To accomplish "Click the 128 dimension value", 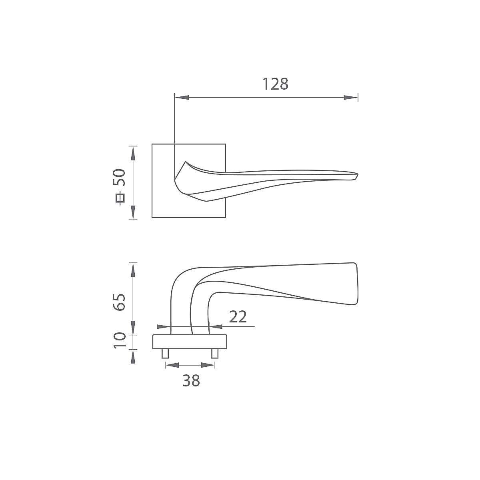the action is (275, 84).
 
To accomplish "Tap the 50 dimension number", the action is (119, 177).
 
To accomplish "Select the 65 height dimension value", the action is (119, 302).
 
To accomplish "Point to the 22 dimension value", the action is (238, 316).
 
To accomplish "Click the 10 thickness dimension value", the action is (120, 340).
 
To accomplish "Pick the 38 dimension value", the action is (191, 381).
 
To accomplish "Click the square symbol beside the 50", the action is (120, 198).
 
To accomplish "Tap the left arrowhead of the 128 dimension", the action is (182, 97).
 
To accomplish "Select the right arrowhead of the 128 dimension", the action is (351, 97).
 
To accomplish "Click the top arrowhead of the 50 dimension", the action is (133, 153).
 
